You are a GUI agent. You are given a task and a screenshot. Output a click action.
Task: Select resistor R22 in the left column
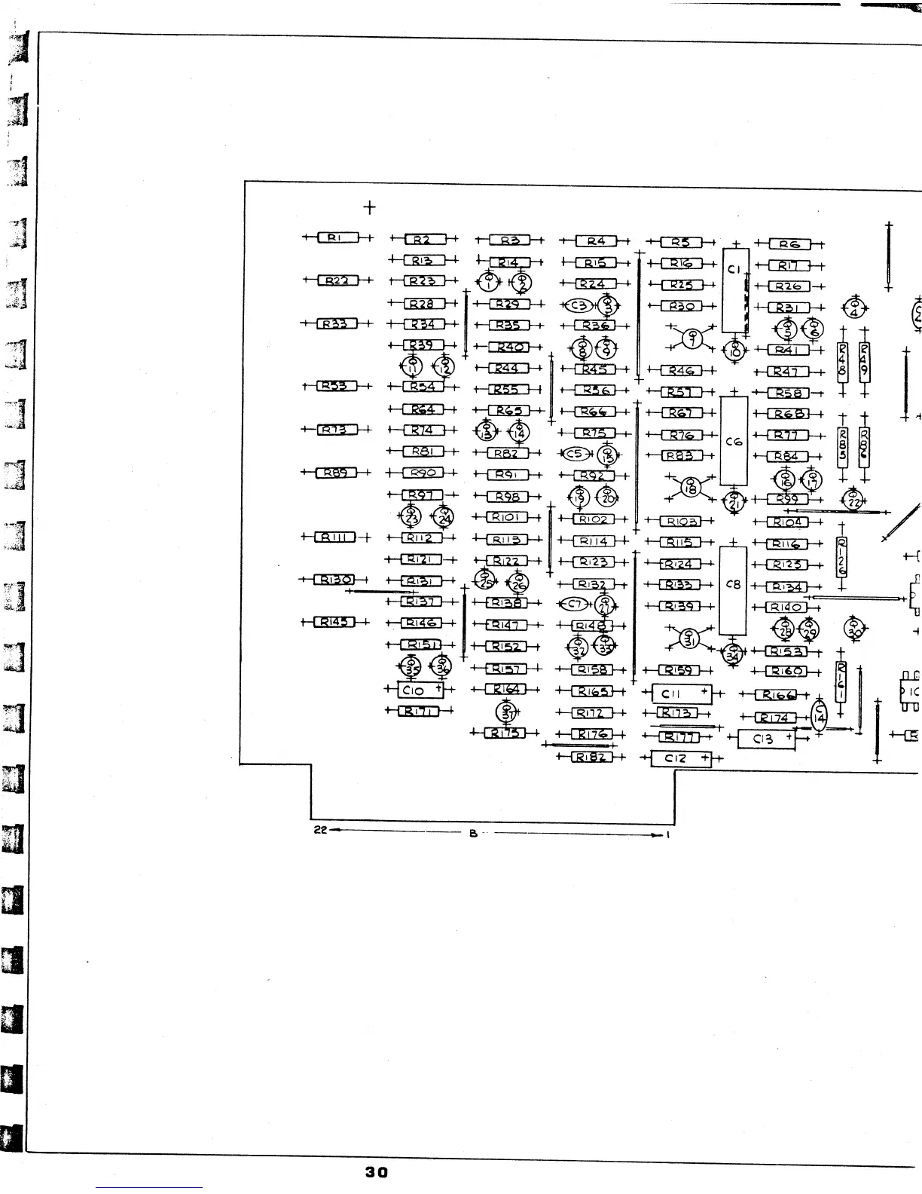click(337, 280)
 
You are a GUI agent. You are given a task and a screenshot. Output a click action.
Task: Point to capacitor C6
click(734, 441)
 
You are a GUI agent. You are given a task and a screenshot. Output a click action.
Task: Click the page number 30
click(376, 1172)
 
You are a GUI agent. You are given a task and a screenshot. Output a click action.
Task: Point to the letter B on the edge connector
click(473, 833)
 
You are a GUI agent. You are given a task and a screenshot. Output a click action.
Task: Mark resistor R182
click(591, 757)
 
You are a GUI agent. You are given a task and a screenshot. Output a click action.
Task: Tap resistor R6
click(789, 244)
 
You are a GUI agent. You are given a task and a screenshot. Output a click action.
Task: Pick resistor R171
click(418, 711)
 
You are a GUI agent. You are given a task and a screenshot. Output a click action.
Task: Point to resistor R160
click(786, 671)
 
